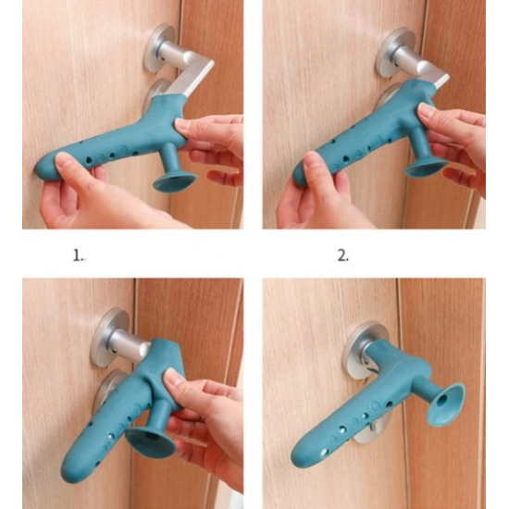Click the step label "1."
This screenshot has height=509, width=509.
point(79,255)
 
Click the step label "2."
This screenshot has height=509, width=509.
point(343,255)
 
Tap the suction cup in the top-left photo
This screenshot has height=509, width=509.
point(175,182)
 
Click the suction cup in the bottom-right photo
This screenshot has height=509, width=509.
point(446,404)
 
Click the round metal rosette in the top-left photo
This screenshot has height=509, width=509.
point(159,47)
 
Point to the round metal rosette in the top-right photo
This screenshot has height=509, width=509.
point(391,52)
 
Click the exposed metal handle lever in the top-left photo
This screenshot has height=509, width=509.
point(194,78)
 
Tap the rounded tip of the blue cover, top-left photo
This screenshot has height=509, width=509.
point(43,168)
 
